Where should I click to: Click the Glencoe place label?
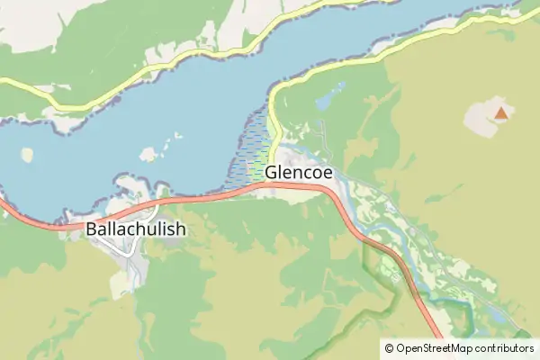click(300, 171)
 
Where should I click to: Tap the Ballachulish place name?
click(136, 229)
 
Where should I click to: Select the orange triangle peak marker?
click(500, 114)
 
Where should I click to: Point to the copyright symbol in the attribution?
click(388, 347)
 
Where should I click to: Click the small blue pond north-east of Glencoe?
click(326, 94)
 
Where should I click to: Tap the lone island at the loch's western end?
click(27, 155)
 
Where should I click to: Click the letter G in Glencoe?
click(272, 171)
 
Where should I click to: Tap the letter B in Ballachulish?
click(92, 229)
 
